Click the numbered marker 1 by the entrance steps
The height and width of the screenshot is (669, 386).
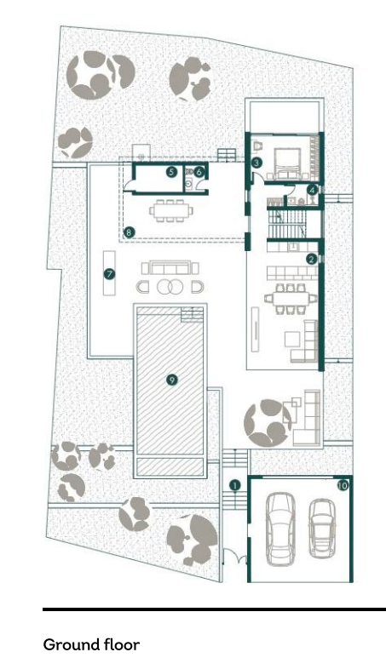pos(234,485)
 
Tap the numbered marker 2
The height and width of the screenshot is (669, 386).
pos(311,259)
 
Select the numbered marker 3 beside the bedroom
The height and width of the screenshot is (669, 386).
pos(256,162)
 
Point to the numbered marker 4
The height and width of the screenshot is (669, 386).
pos(313,191)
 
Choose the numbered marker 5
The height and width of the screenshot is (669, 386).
pos(171,172)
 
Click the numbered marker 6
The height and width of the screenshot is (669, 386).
pos(199,172)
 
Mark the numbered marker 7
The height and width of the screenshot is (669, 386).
pos(110,274)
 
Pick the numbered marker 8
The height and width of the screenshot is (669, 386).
pos(129,232)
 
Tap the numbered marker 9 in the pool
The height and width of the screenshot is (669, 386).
pos(171,380)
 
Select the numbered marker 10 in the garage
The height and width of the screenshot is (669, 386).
pos(343,485)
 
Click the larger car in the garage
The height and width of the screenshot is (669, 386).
pos(280,529)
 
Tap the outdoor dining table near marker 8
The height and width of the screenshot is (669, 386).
pos(170,211)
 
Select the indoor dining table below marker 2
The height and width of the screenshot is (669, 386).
pos(291,298)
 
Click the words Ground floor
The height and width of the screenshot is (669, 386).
pos(91,644)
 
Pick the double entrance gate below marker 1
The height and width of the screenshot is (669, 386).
pos(234,557)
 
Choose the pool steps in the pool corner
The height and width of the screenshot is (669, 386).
pos(192,315)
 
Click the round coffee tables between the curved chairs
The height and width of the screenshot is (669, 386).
pos(170,286)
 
